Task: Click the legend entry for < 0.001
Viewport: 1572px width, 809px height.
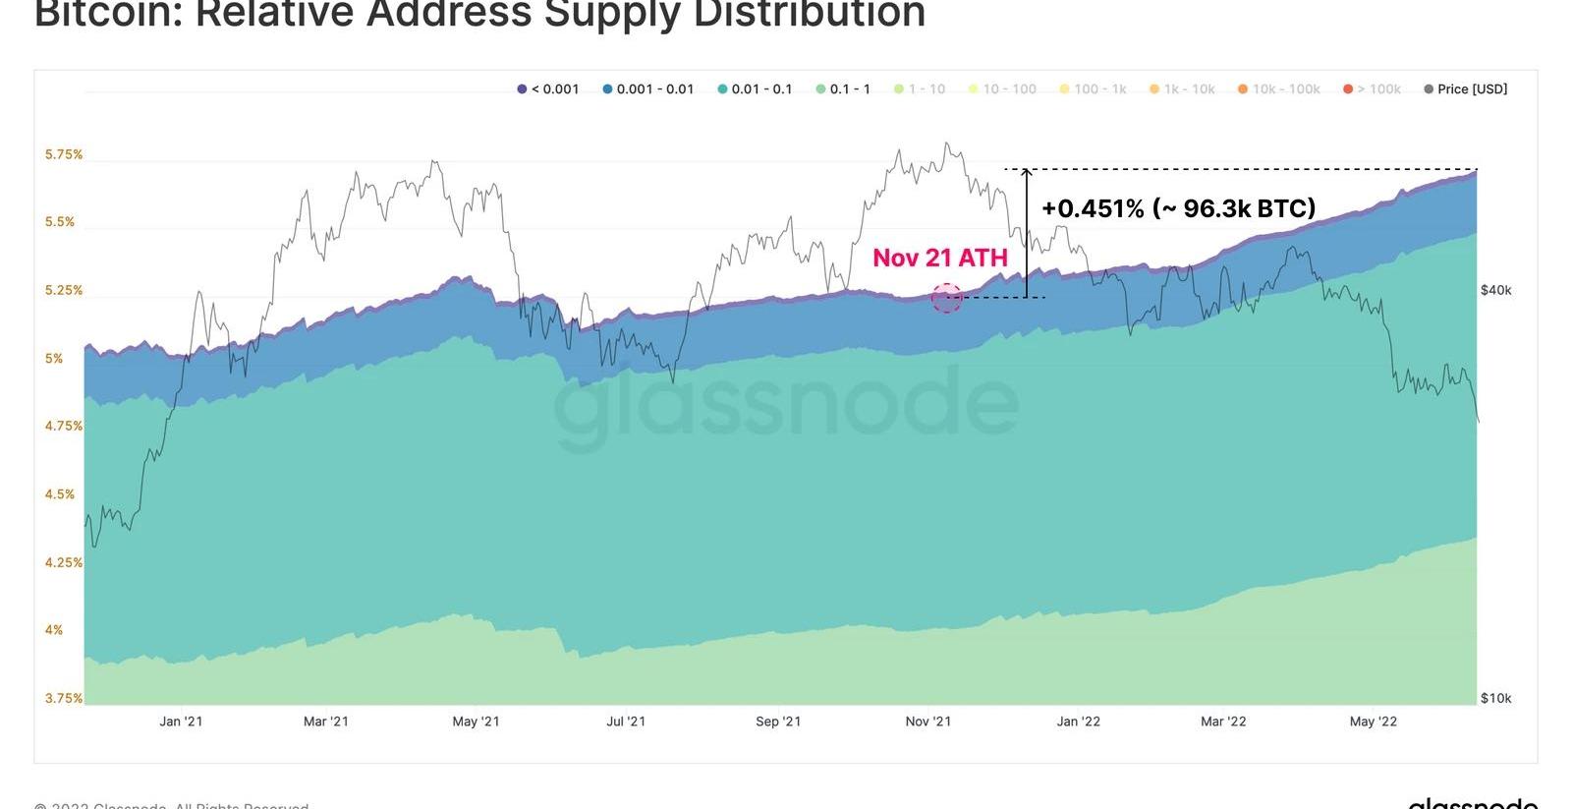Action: click(548, 89)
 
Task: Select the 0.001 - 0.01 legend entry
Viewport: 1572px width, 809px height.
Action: click(648, 89)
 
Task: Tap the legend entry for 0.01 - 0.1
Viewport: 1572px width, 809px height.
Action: click(755, 89)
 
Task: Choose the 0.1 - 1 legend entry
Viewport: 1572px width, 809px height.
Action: click(843, 89)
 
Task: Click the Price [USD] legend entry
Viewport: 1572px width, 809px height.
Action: click(1465, 89)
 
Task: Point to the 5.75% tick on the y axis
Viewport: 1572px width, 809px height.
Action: click(64, 154)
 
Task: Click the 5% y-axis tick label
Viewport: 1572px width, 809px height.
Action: click(54, 359)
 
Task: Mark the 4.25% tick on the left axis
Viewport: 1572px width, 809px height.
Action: click(64, 562)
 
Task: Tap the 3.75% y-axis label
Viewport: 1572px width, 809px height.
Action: click(64, 698)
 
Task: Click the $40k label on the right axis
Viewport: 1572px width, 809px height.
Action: click(1495, 290)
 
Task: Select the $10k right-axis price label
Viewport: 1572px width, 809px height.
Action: click(1495, 698)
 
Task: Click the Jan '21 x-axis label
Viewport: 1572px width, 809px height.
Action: click(181, 722)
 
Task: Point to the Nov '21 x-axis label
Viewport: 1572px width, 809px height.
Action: click(928, 722)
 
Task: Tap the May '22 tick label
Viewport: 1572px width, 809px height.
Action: click(1373, 722)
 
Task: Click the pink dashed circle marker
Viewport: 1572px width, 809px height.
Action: click(946, 298)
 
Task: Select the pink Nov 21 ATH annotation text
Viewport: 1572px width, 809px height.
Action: click(940, 258)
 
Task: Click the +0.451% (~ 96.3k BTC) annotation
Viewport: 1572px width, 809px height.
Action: click(1178, 208)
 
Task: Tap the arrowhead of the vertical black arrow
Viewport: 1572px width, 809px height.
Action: click(1027, 173)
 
